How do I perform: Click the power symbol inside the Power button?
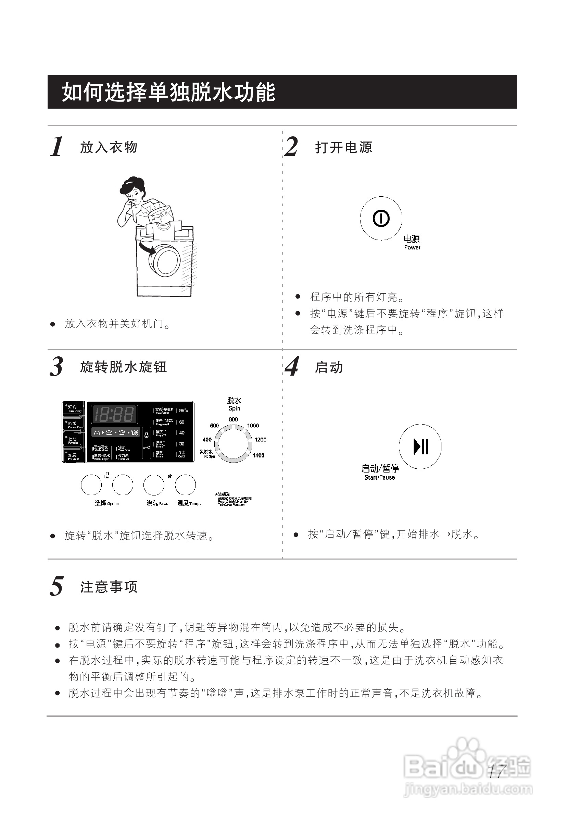pyautogui.click(x=381, y=218)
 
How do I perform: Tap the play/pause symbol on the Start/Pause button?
pyautogui.click(x=420, y=446)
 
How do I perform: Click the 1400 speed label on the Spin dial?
pyautogui.click(x=258, y=455)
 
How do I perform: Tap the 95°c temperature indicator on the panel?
pyautogui.click(x=183, y=411)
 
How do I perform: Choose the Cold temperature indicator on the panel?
pyautogui.click(x=181, y=454)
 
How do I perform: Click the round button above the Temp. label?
pyautogui.click(x=185, y=485)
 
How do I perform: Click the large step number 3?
pyautogui.click(x=56, y=367)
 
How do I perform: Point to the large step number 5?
pyautogui.click(x=56, y=587)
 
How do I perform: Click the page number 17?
pyautogui.click(x=496, y=771)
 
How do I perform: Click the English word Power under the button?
pyautogui.click(x=412, y=247)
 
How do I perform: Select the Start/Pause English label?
pyautogui.click(x=379, y=478)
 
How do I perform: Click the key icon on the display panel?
pyautogui.click(x=146, y=448)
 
